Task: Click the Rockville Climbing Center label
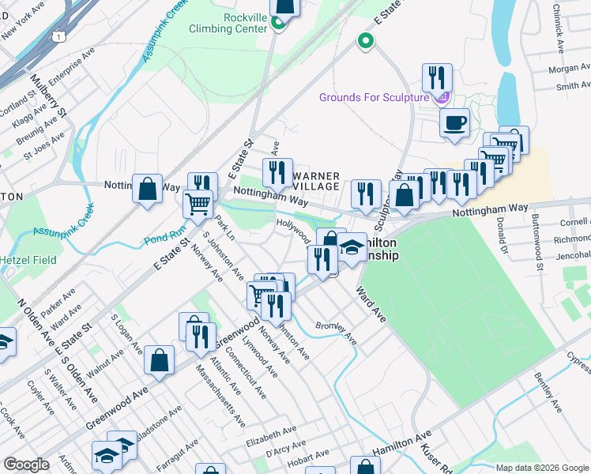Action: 224,22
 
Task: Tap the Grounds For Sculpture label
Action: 375,97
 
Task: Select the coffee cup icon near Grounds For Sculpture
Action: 454,123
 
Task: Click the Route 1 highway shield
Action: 58,36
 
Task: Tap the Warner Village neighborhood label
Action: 316,181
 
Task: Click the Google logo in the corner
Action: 26,465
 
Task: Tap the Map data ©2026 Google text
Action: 542,468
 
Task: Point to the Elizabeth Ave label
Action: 269,432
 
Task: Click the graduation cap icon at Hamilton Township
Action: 352,247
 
